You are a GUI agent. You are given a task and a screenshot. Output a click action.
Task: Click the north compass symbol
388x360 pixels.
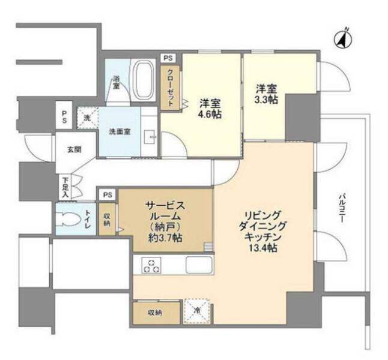pos(343,40)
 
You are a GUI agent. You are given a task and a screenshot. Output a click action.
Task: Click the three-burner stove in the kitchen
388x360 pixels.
pos(151,265)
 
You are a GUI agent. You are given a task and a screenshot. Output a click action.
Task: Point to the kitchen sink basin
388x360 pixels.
pos(199,265)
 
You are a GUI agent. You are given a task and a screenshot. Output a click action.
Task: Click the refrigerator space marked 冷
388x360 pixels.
pos(196,311)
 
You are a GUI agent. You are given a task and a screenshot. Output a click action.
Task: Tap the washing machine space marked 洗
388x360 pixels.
pos(87,118)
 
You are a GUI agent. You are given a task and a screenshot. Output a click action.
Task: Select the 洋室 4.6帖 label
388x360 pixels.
pos(211,109)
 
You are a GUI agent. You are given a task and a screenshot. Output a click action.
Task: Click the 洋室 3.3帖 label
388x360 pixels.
pos(266,94)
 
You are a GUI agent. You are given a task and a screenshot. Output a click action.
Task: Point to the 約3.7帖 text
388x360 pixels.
pos(165,238)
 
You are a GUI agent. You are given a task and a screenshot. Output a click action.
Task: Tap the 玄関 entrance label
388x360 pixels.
pos(74,149)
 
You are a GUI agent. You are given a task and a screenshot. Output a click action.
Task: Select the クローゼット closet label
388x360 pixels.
pos(170,88)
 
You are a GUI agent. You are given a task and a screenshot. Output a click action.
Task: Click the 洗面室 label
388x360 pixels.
pos(120,131)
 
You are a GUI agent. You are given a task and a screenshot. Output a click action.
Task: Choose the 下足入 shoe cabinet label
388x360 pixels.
pos(65,187)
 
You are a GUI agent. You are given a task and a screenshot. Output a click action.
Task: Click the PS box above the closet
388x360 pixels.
pos(168,59)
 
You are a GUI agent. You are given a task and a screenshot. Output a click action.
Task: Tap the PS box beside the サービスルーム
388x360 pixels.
pos(108,195)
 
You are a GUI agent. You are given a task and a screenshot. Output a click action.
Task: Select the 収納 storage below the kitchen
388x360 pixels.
pos(156,313)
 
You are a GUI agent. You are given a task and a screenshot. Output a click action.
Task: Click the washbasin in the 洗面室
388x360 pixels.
pos(150,137)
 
